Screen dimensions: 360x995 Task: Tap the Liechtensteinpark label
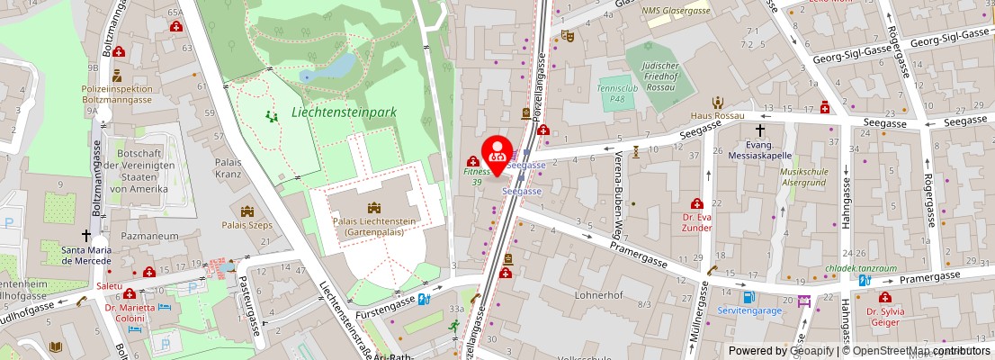coord(344,112)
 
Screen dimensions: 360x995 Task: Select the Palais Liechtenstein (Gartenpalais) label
coord(373,226)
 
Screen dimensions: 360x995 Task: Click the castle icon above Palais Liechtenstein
coord(373,208)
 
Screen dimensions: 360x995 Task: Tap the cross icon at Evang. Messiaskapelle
coord(759,130)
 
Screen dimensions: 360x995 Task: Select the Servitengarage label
coord(749,310)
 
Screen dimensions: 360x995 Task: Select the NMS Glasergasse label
coord(677,10)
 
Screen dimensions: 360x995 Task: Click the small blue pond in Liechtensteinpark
coord(338,66)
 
